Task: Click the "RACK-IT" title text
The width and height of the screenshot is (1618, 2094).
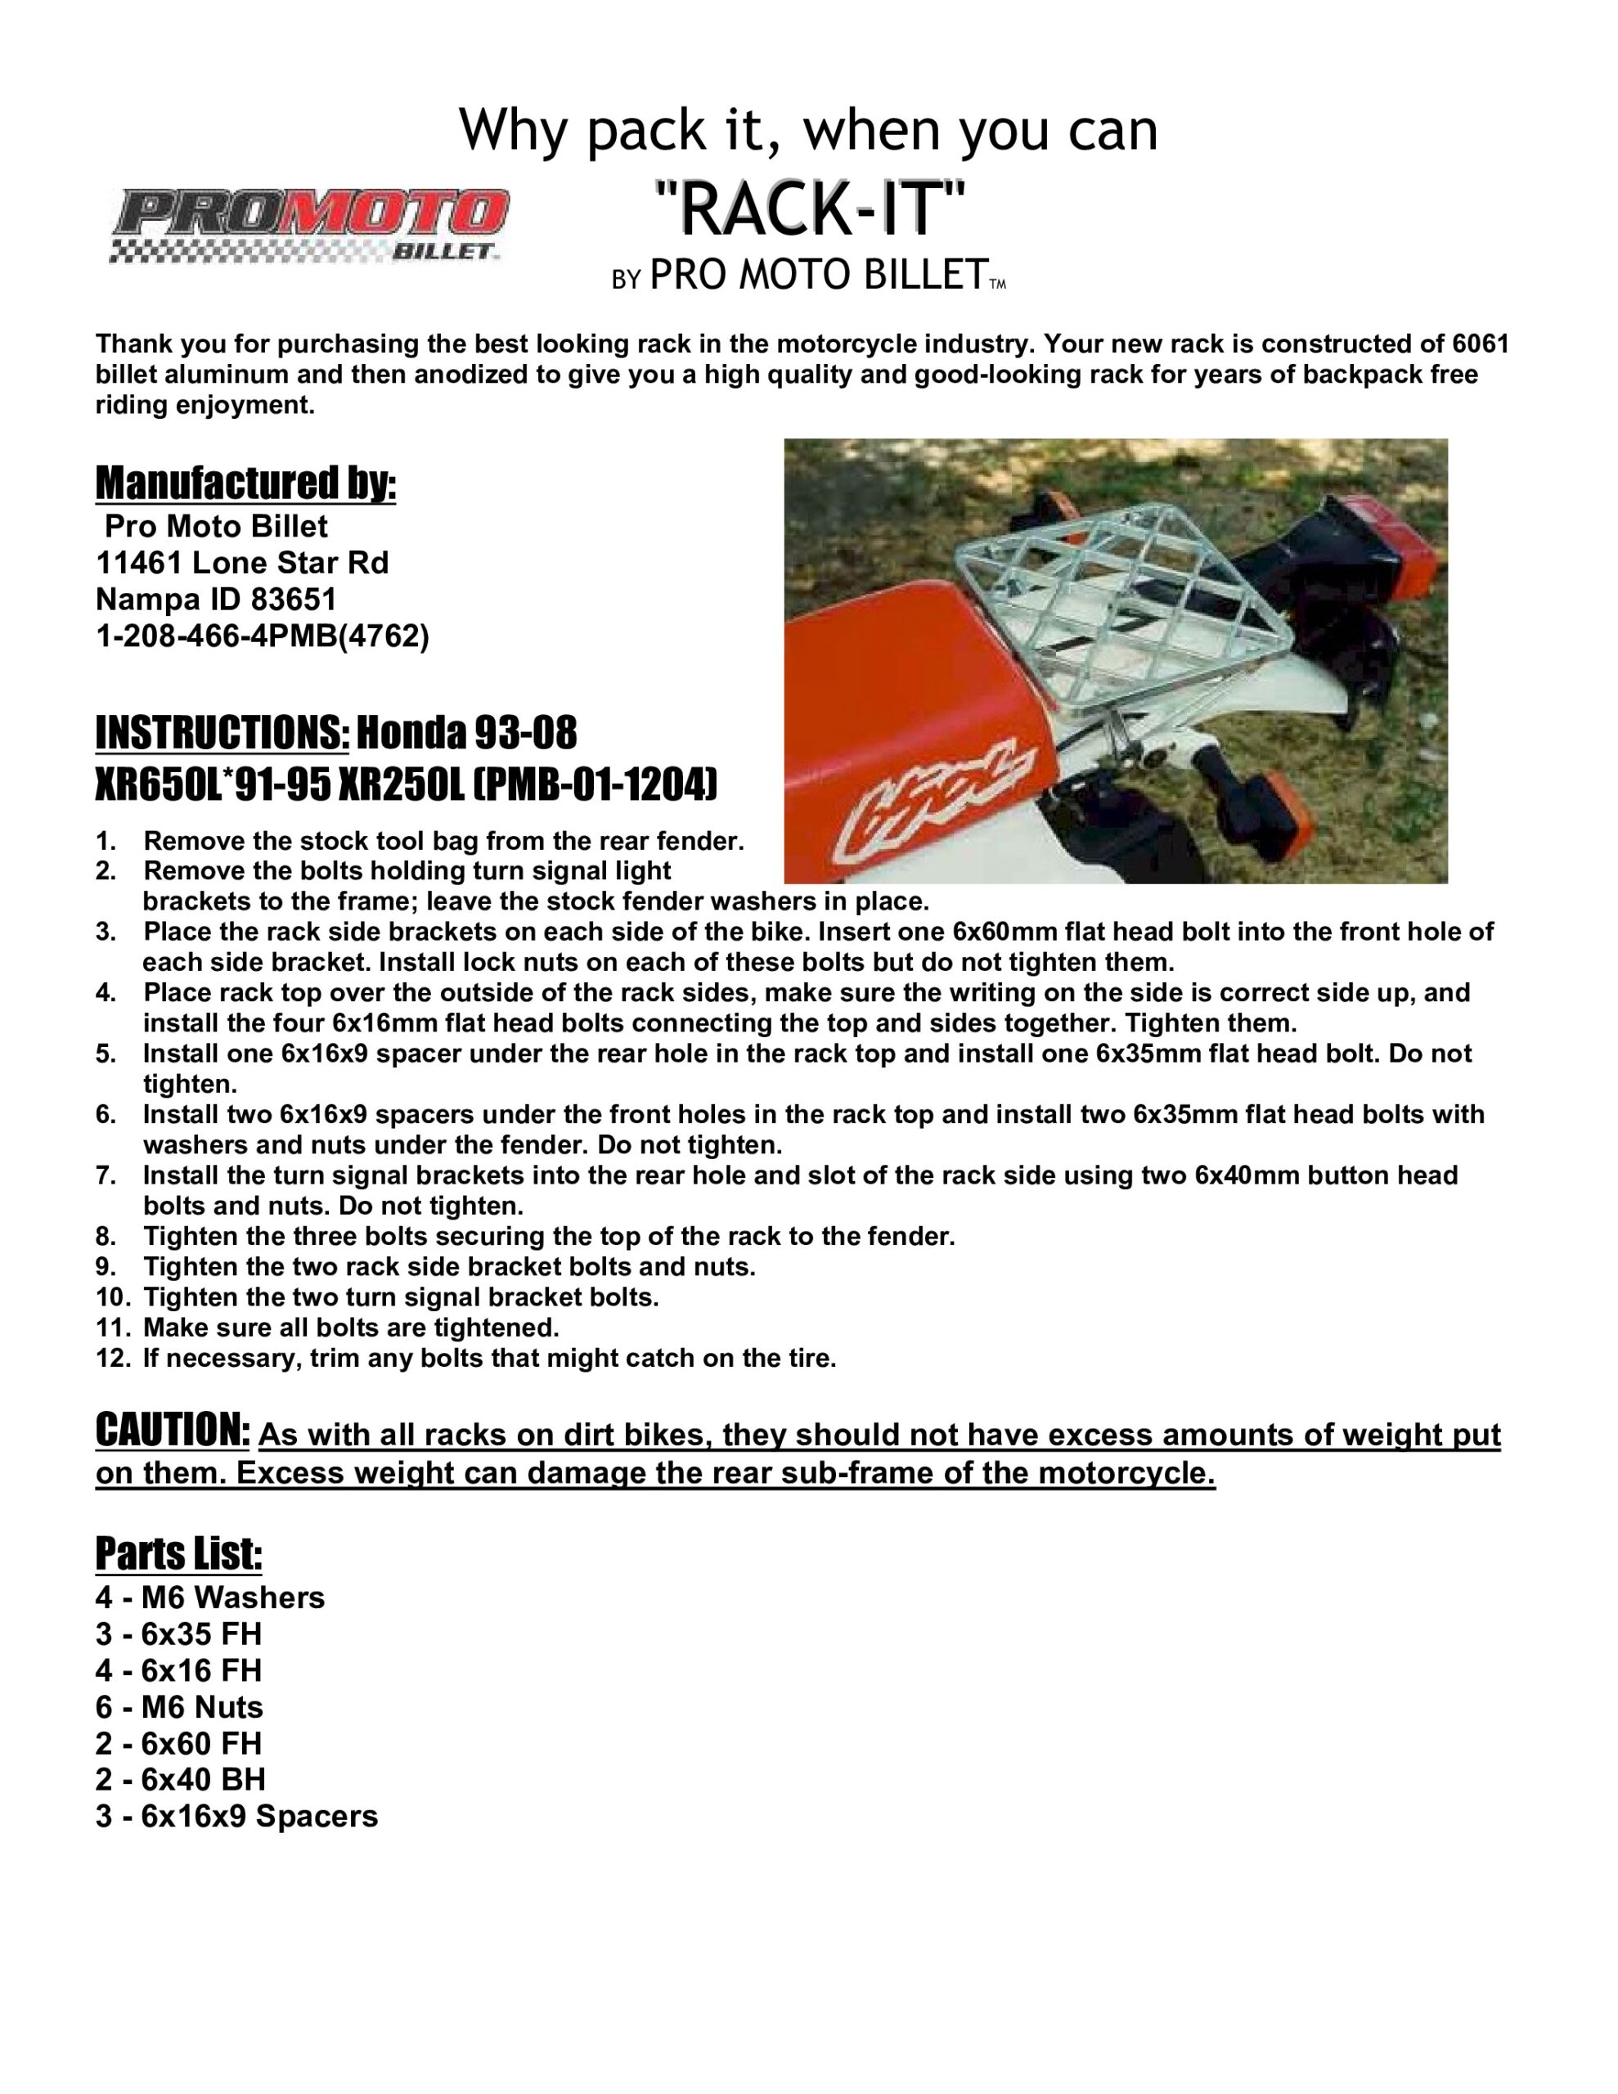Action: [808, 210]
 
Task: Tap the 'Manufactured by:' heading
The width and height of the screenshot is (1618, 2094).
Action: [245, 483]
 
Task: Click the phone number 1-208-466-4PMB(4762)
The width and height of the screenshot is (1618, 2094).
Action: [262, 636]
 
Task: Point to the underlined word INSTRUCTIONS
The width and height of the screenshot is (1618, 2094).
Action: [222, 734]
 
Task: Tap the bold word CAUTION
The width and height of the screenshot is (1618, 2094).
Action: [173, 1430]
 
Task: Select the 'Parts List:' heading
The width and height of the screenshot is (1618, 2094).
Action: [178, 1554]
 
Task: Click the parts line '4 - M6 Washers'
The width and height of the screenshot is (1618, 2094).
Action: [210, 1597]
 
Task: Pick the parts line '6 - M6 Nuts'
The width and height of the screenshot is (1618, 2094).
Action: [179, 1706]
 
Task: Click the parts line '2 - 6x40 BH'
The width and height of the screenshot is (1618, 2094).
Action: [180, 1780]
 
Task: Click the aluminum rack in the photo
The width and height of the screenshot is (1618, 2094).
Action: [1112, 585]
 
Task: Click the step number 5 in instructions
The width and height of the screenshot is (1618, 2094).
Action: [106, 1054]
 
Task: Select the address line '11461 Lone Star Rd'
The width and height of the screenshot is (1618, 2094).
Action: [241, 562]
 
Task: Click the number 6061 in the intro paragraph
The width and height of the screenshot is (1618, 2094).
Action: [1480, 344]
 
